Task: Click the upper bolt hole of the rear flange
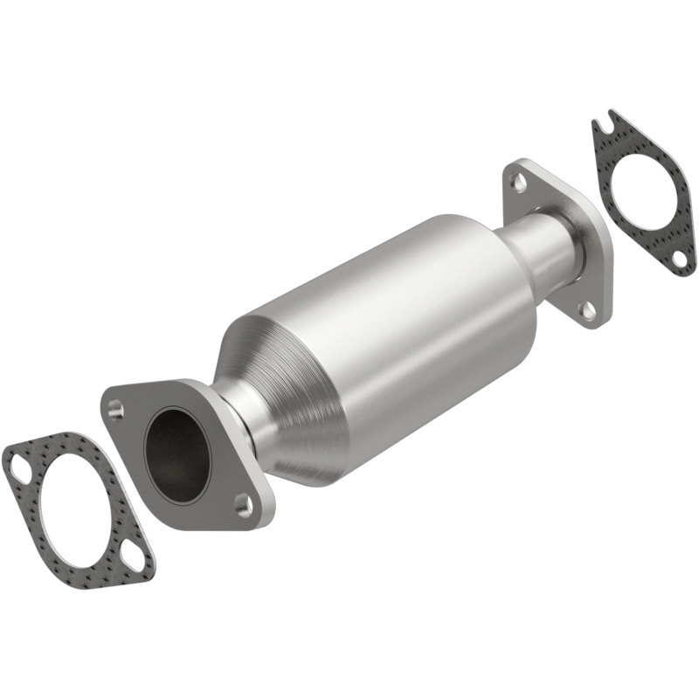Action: pos(518,183)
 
